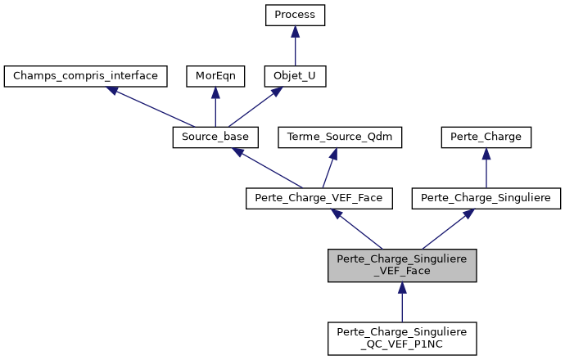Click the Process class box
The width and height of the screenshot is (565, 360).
tap(295, 15)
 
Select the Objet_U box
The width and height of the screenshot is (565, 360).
tap(295, 76)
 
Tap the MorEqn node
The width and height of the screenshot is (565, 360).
tap(215, 76)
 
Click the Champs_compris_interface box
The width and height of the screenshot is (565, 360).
tap(86, 76)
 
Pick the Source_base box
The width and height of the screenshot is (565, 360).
tap(215, 137)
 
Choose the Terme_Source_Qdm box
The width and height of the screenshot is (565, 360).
tap(341, 137)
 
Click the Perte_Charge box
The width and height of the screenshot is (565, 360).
tap(486, 137)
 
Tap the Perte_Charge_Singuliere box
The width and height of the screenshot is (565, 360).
tap(486, 198)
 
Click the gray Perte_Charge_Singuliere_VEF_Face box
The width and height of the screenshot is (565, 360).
tap(402, 266)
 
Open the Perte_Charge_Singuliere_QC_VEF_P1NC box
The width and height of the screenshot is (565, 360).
tap(402, 338)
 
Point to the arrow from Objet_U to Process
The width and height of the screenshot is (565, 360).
tap(295, 46)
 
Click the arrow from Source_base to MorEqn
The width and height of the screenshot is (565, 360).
tap(215, 107)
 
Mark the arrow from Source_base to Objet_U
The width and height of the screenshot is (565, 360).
tap(255, 107)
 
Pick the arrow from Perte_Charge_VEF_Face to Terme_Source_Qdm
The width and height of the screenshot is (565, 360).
tap(330, 168)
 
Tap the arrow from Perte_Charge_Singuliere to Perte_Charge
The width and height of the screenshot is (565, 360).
tap(486, 168)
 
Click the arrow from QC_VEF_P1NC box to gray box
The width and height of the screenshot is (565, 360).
tap(402, 302)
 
